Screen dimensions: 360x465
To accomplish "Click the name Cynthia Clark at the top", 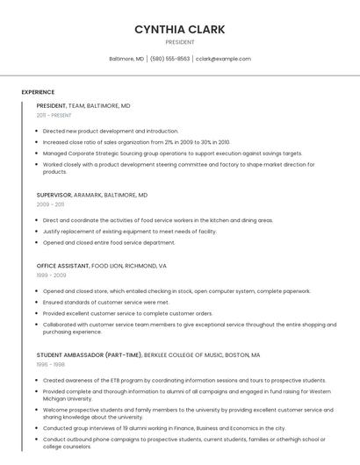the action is tap(179, 30).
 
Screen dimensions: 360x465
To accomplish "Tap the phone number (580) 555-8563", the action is tap(169, 59).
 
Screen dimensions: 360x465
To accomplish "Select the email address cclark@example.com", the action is tap(223, 59).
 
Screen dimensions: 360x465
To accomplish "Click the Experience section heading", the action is tap(38, 92).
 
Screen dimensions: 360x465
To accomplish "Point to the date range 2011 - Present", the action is tap(54, 115).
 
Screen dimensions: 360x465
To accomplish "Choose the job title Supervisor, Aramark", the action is tap(91, 195).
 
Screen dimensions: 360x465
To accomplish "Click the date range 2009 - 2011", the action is tap(50, 204).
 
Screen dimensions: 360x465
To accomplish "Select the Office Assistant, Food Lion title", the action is tap(101, 265).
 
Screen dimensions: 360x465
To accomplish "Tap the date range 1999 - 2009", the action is tap(51, 275).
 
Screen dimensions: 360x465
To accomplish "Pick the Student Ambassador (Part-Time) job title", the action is tap(148, 355).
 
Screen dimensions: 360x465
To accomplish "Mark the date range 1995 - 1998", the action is tap(50, 365).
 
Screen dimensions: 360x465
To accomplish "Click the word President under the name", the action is tap(179, 42).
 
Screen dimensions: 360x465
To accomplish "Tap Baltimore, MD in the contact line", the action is tap(126, 59).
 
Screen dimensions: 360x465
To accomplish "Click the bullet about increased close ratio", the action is tap(136, 141).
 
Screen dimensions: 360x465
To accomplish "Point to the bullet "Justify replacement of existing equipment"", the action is tap(129, 232).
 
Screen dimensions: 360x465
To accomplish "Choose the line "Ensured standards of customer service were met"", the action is tap(105, 302).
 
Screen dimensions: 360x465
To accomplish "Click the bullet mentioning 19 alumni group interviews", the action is tap(163, 428).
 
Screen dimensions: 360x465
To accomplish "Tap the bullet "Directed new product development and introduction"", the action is tap(110, 131).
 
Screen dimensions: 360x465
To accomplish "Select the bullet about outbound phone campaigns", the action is tap(176, 440).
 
